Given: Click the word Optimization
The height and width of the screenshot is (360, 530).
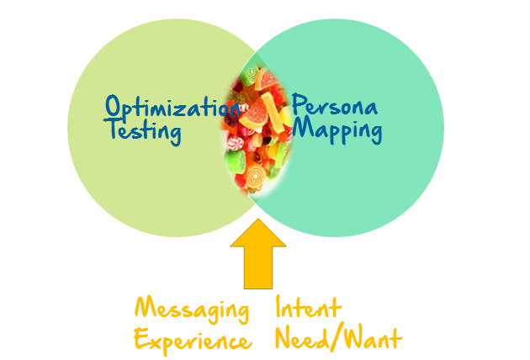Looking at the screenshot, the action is click(x=168, y=108).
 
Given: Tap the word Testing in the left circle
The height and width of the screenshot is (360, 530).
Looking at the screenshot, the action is click(x=142, y=130).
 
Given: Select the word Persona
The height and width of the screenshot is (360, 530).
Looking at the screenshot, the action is click(x=334, y=108).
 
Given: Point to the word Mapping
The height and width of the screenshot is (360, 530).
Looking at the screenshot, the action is click(x=337, y=131).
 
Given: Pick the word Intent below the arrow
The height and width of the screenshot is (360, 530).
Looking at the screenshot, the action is click(x=308, y=308).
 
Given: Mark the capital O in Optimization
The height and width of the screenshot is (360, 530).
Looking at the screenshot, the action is click(x=114, y=107).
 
